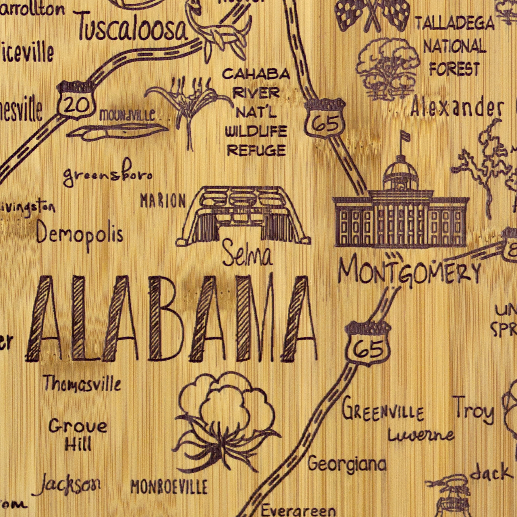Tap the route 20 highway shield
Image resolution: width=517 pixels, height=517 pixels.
tap(76, 102)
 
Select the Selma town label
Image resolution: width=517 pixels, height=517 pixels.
tap(247, 254)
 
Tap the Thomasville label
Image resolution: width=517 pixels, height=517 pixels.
tap(82, 384)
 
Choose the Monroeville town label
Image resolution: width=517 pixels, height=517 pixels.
tap(169, 487)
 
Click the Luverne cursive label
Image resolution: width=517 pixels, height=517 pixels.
tap(421, 436)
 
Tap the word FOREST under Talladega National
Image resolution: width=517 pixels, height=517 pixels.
tap(454, 69)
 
